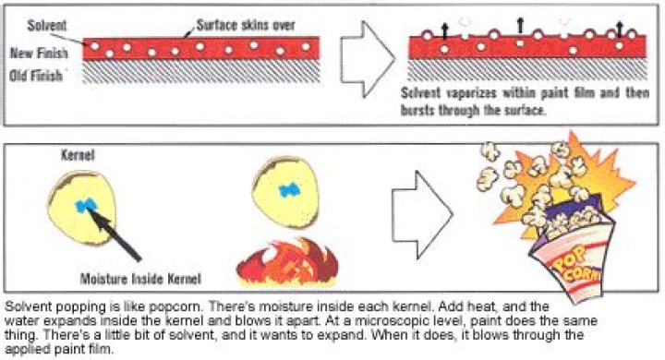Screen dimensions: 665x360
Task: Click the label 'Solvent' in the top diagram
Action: click(x=47, y=26)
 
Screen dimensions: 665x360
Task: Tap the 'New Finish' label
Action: click(x=39, y=53)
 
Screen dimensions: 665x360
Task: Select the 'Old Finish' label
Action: click(x=36, y=76)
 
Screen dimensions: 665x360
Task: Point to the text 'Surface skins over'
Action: click(x=246, y=25)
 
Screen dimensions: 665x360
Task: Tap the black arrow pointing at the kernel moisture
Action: click(x=115, y=234)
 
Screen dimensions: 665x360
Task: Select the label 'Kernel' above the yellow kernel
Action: click(x=78, y=155)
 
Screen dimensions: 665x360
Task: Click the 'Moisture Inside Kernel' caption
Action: click(x=140, y=279)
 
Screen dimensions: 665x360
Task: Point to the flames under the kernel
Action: click(x=287, y=263)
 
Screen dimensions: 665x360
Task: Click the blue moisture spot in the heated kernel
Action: click(x=290, y=190)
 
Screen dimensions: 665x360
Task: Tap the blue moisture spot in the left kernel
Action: click(x=86, y=205)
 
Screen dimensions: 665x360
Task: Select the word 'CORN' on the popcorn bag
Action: click(x=582, y=276)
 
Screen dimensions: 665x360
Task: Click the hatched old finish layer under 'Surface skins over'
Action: click(x=201, y=71)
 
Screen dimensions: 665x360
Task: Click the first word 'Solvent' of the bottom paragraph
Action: click(x=29, y=306)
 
